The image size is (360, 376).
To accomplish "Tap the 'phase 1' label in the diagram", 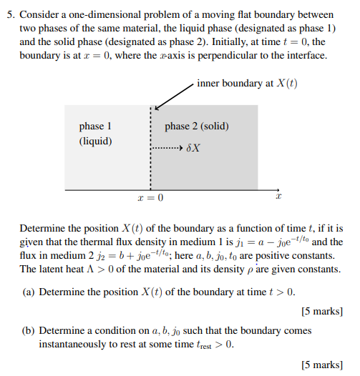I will coord(95,127).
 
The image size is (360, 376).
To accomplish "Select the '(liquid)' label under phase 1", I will coord(95,141).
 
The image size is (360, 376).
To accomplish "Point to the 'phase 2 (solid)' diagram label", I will coord(197,127).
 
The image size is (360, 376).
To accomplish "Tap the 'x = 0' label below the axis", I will coord(150,197).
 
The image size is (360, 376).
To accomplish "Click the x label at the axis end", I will coord(280,197).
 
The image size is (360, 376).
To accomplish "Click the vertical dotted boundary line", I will coord(150,164).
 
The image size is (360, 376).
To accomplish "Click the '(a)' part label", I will coord(29,292).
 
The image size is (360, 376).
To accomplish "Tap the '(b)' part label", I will coord(29,331).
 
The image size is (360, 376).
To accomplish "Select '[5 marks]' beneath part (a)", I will coord(323,312).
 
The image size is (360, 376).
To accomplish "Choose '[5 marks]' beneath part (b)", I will coord(323,365).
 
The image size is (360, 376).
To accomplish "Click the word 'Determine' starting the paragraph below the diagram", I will coord(42,229).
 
